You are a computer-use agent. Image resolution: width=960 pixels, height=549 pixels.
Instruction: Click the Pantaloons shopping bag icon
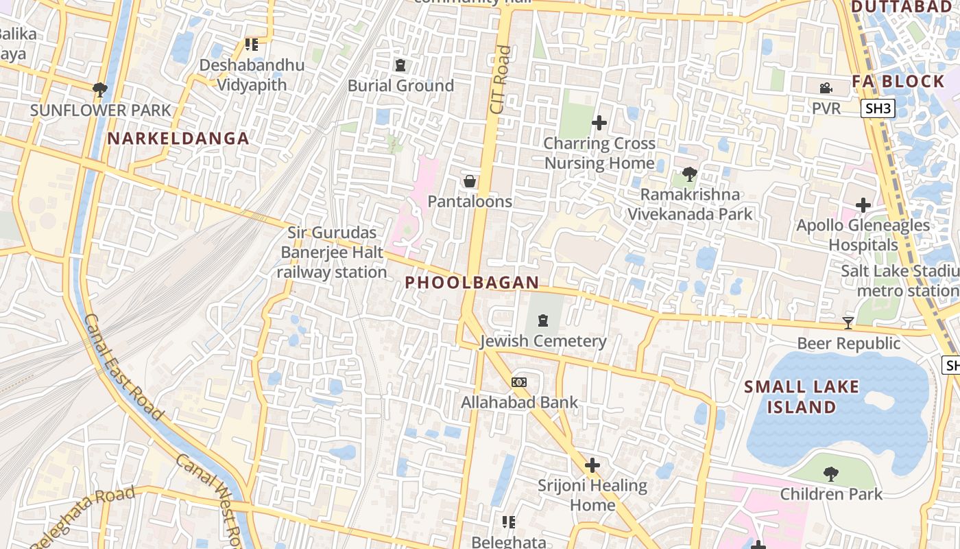coord(470,181)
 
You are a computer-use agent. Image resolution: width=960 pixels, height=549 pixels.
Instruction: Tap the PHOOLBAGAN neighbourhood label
coord(472,283)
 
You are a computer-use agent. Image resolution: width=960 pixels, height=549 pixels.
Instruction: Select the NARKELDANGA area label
coord(178,139)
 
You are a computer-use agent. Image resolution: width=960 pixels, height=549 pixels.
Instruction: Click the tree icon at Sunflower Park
coord(100,89)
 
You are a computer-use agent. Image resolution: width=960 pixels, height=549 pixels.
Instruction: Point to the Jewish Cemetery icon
coord(543,320)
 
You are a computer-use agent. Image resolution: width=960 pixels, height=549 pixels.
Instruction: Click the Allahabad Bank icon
coord(519,382)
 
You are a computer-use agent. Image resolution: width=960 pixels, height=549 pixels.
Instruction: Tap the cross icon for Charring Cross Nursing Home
coord(599,123)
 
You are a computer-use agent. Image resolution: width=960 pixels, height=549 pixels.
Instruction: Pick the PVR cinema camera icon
coord(826,88)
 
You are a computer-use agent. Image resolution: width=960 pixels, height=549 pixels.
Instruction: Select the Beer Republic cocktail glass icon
coord(848,323)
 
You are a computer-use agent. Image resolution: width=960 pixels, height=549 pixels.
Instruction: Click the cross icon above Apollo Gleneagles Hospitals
coord(863,205)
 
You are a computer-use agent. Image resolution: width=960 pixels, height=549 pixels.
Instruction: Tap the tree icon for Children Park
coord(831,474)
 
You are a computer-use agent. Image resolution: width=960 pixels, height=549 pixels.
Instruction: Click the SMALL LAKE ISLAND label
coord(802,397)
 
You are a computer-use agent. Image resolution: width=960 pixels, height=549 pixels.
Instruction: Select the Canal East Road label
coord(123,367)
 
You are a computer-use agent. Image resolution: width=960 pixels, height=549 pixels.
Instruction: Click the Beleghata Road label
coord(83,517)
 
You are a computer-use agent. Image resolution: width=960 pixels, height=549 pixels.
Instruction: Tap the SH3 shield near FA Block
coord(878,108)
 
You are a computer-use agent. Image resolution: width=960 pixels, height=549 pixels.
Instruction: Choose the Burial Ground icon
coord(400,65)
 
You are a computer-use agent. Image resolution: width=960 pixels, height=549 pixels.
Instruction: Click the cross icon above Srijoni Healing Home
coord(592,465)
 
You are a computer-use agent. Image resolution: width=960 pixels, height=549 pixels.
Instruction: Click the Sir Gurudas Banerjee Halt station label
coord(333,253)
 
